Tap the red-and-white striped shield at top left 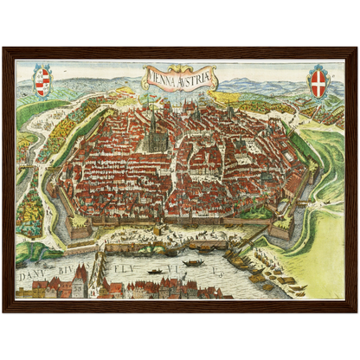click(42, 84)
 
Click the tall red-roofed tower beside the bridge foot click(80, 279)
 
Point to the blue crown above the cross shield click(319, 68)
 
